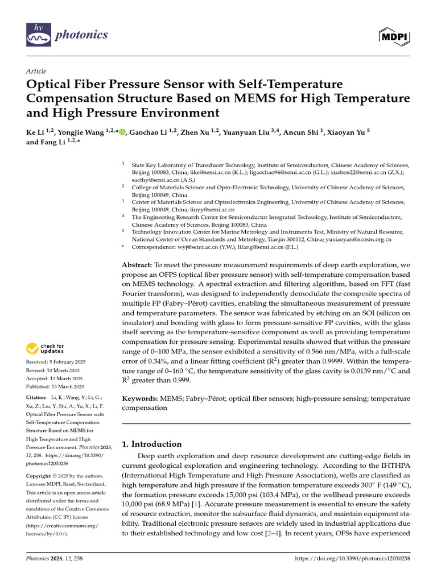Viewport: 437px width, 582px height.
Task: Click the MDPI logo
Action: click(394, 37)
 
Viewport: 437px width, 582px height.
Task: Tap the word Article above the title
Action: click(36, 72)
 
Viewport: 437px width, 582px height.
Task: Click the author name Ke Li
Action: click(36, 132)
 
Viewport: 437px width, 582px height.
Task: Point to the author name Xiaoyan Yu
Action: click(345, 132)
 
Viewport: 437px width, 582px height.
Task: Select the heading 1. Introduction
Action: click(152, 444)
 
